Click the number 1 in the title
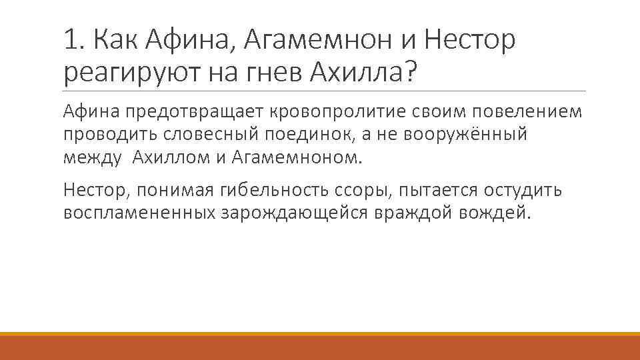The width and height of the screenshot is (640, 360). pos(70,41)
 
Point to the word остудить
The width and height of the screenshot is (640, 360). pos(514,190)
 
